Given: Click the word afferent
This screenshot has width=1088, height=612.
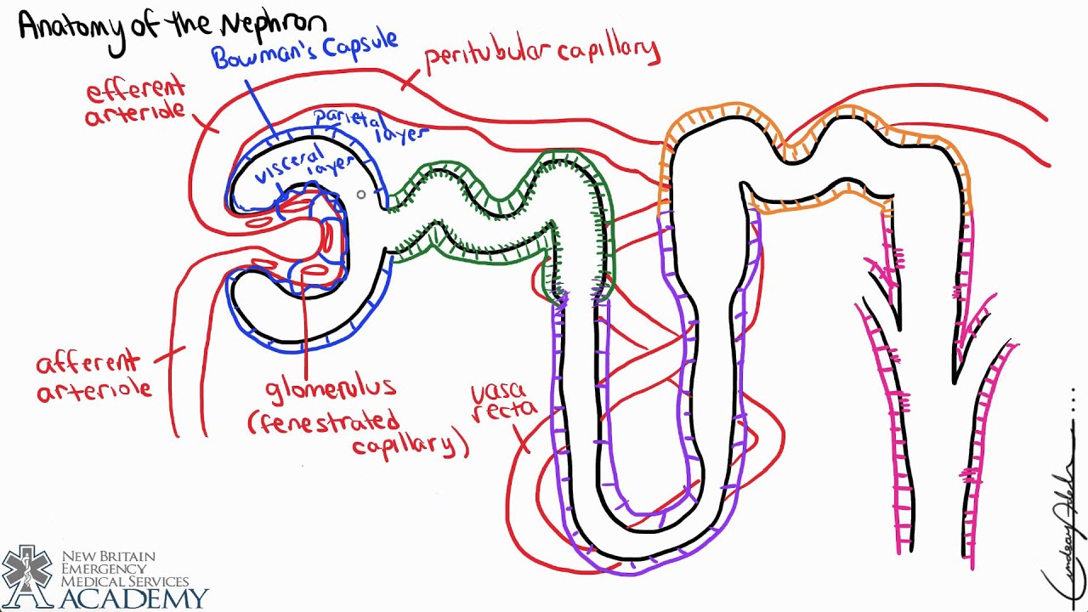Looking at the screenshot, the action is coord(87,364).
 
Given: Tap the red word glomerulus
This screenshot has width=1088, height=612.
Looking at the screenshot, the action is coord(331,389).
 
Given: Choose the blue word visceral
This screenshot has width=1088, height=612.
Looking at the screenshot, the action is coord(289,161).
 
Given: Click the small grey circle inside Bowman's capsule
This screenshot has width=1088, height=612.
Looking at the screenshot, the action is coord(361,195).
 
